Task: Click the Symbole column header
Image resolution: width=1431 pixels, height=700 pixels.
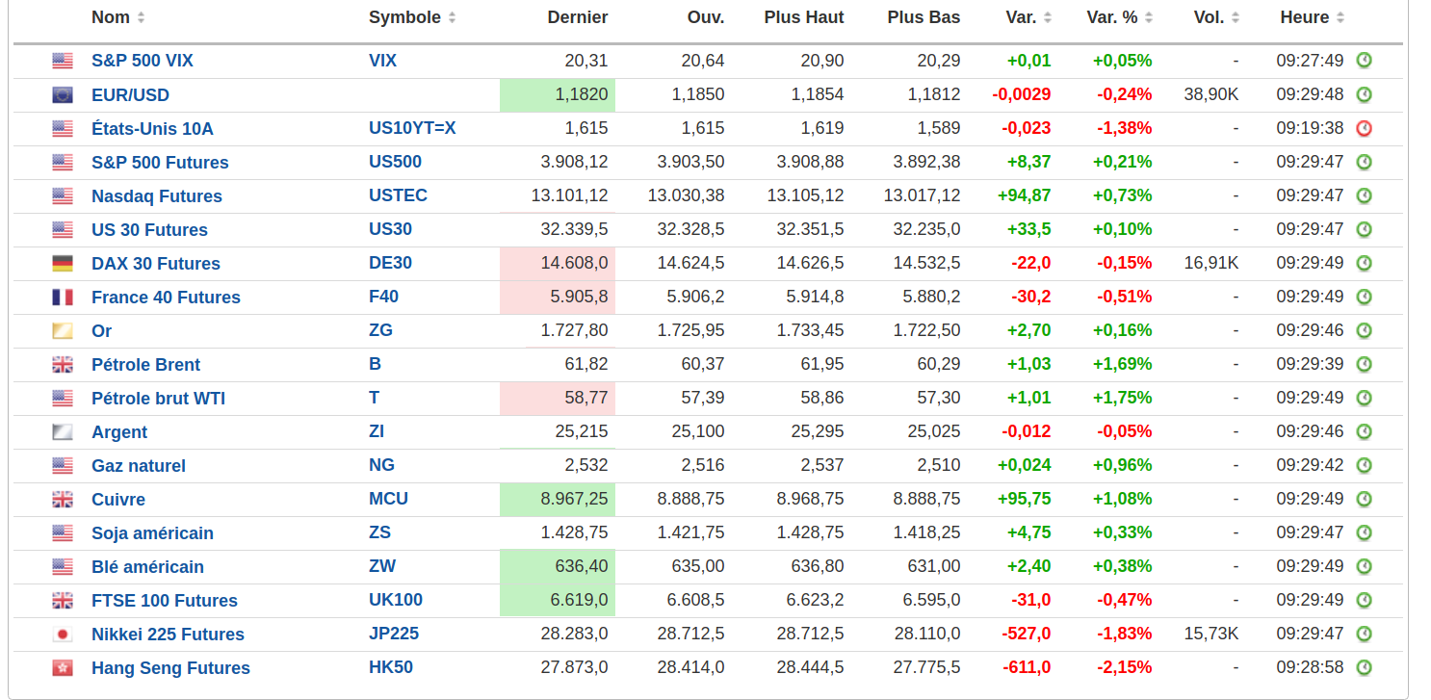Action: coord(404,17)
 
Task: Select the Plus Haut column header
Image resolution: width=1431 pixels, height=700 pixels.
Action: coord(803,17)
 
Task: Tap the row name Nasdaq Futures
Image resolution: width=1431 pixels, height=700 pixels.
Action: coord(156,196)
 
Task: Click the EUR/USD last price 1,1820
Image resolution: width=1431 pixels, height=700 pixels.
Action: coord(581,94)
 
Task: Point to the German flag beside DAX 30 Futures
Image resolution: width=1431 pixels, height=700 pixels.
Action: coord(63,263)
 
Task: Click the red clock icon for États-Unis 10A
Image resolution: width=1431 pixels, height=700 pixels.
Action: coord(1364,128)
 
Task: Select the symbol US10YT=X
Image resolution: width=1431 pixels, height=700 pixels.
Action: coord(412,128)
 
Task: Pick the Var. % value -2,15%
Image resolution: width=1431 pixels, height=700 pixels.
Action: coord(1124,667)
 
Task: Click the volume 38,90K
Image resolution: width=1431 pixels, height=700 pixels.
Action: coord(1210,94)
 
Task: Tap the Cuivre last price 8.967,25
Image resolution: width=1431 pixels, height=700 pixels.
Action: coord(574,499)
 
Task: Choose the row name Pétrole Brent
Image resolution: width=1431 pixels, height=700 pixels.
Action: coord(145,365)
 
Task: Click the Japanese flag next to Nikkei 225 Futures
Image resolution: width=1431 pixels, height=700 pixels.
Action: coord(63,634)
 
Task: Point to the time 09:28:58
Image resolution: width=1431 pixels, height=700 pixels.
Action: coord(1310,667)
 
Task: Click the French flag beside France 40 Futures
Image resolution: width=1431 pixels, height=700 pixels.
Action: coord(63,297)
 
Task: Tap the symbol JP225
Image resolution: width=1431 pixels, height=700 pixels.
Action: coord(394,634)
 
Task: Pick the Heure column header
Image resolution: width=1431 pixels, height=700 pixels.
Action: coord(1305,17)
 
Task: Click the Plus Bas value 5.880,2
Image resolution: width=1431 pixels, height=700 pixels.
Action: coord(931,297)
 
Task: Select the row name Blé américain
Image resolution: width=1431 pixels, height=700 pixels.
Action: coord(147,567)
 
